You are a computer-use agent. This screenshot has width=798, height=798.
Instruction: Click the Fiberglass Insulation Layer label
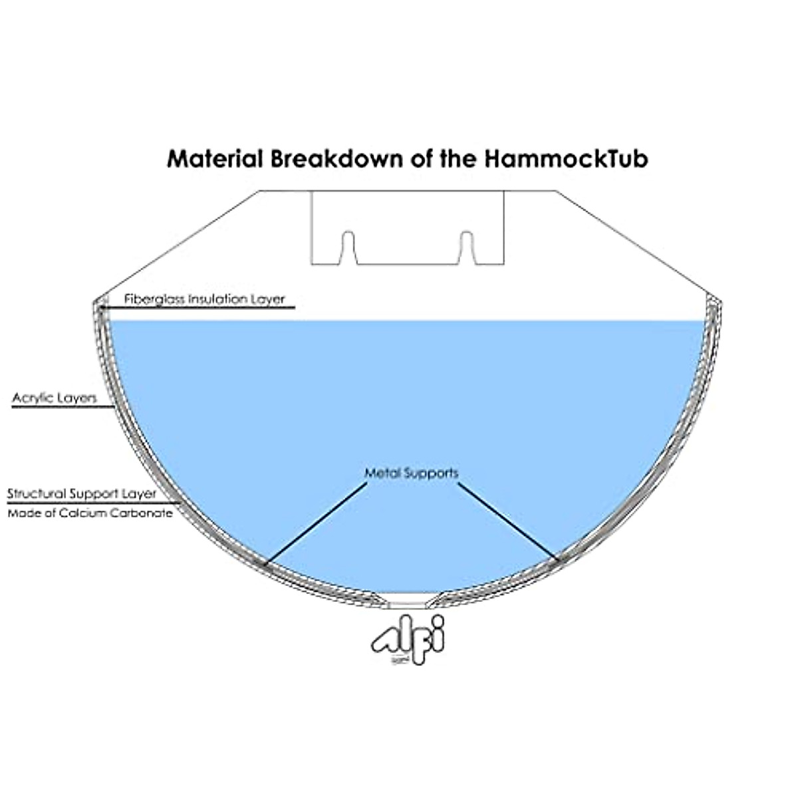[x=204, y=299]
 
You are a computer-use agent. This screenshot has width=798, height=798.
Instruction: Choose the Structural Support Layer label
[x=82, y=494]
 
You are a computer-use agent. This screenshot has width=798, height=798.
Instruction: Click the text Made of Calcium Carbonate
[x=90, y=513]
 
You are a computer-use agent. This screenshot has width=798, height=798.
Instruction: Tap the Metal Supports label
[x=412, y=473]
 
